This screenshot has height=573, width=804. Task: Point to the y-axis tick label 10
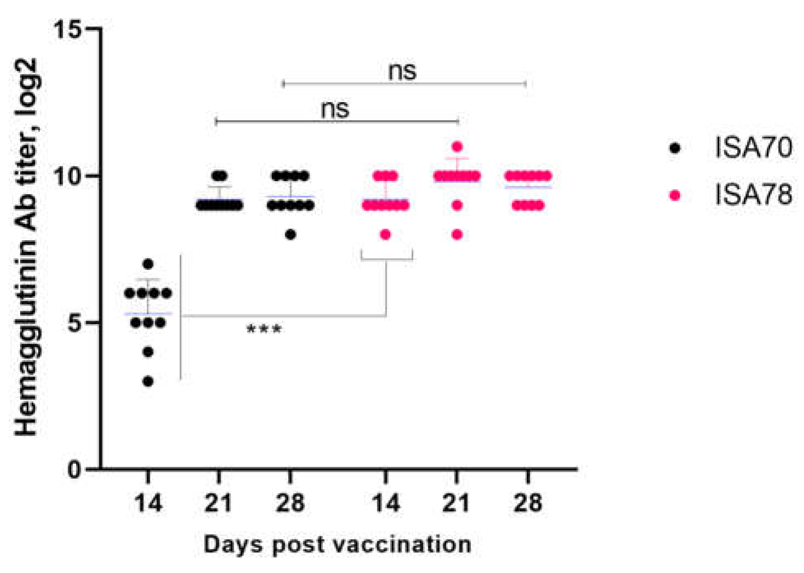pyautogui.click(x=68, y=176)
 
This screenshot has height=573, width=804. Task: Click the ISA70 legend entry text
pyautogui.click(x=753, y=147)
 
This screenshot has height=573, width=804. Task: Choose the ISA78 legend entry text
pyautogui.click(x=753, y=195)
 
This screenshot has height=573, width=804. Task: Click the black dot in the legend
pyautogui.click(x=675, y=148)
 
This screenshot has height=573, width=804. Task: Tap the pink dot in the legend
pyautogui.click(x=675, y=195)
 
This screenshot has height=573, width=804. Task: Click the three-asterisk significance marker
pyautogui.click(x=264, y=329)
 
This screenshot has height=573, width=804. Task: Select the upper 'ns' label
pyautogui.click(x=402, y=71)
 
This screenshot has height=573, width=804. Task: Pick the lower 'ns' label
pyautogui.click(x=335, y=109)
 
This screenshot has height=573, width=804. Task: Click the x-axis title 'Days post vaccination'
pyautogui.click(x=337, y=545)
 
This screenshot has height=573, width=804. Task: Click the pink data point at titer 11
pyautogui.click(x=457, y=146)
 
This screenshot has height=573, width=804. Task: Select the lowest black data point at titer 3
pyautogui.click(x=148, y=382)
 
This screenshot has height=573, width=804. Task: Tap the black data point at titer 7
pyautogui.click(x=148, y=264)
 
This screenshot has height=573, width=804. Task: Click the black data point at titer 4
pyautogui.click(x=148, y=352)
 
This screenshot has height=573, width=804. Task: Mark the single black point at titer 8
pyautogui.click(x=290, y=235)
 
